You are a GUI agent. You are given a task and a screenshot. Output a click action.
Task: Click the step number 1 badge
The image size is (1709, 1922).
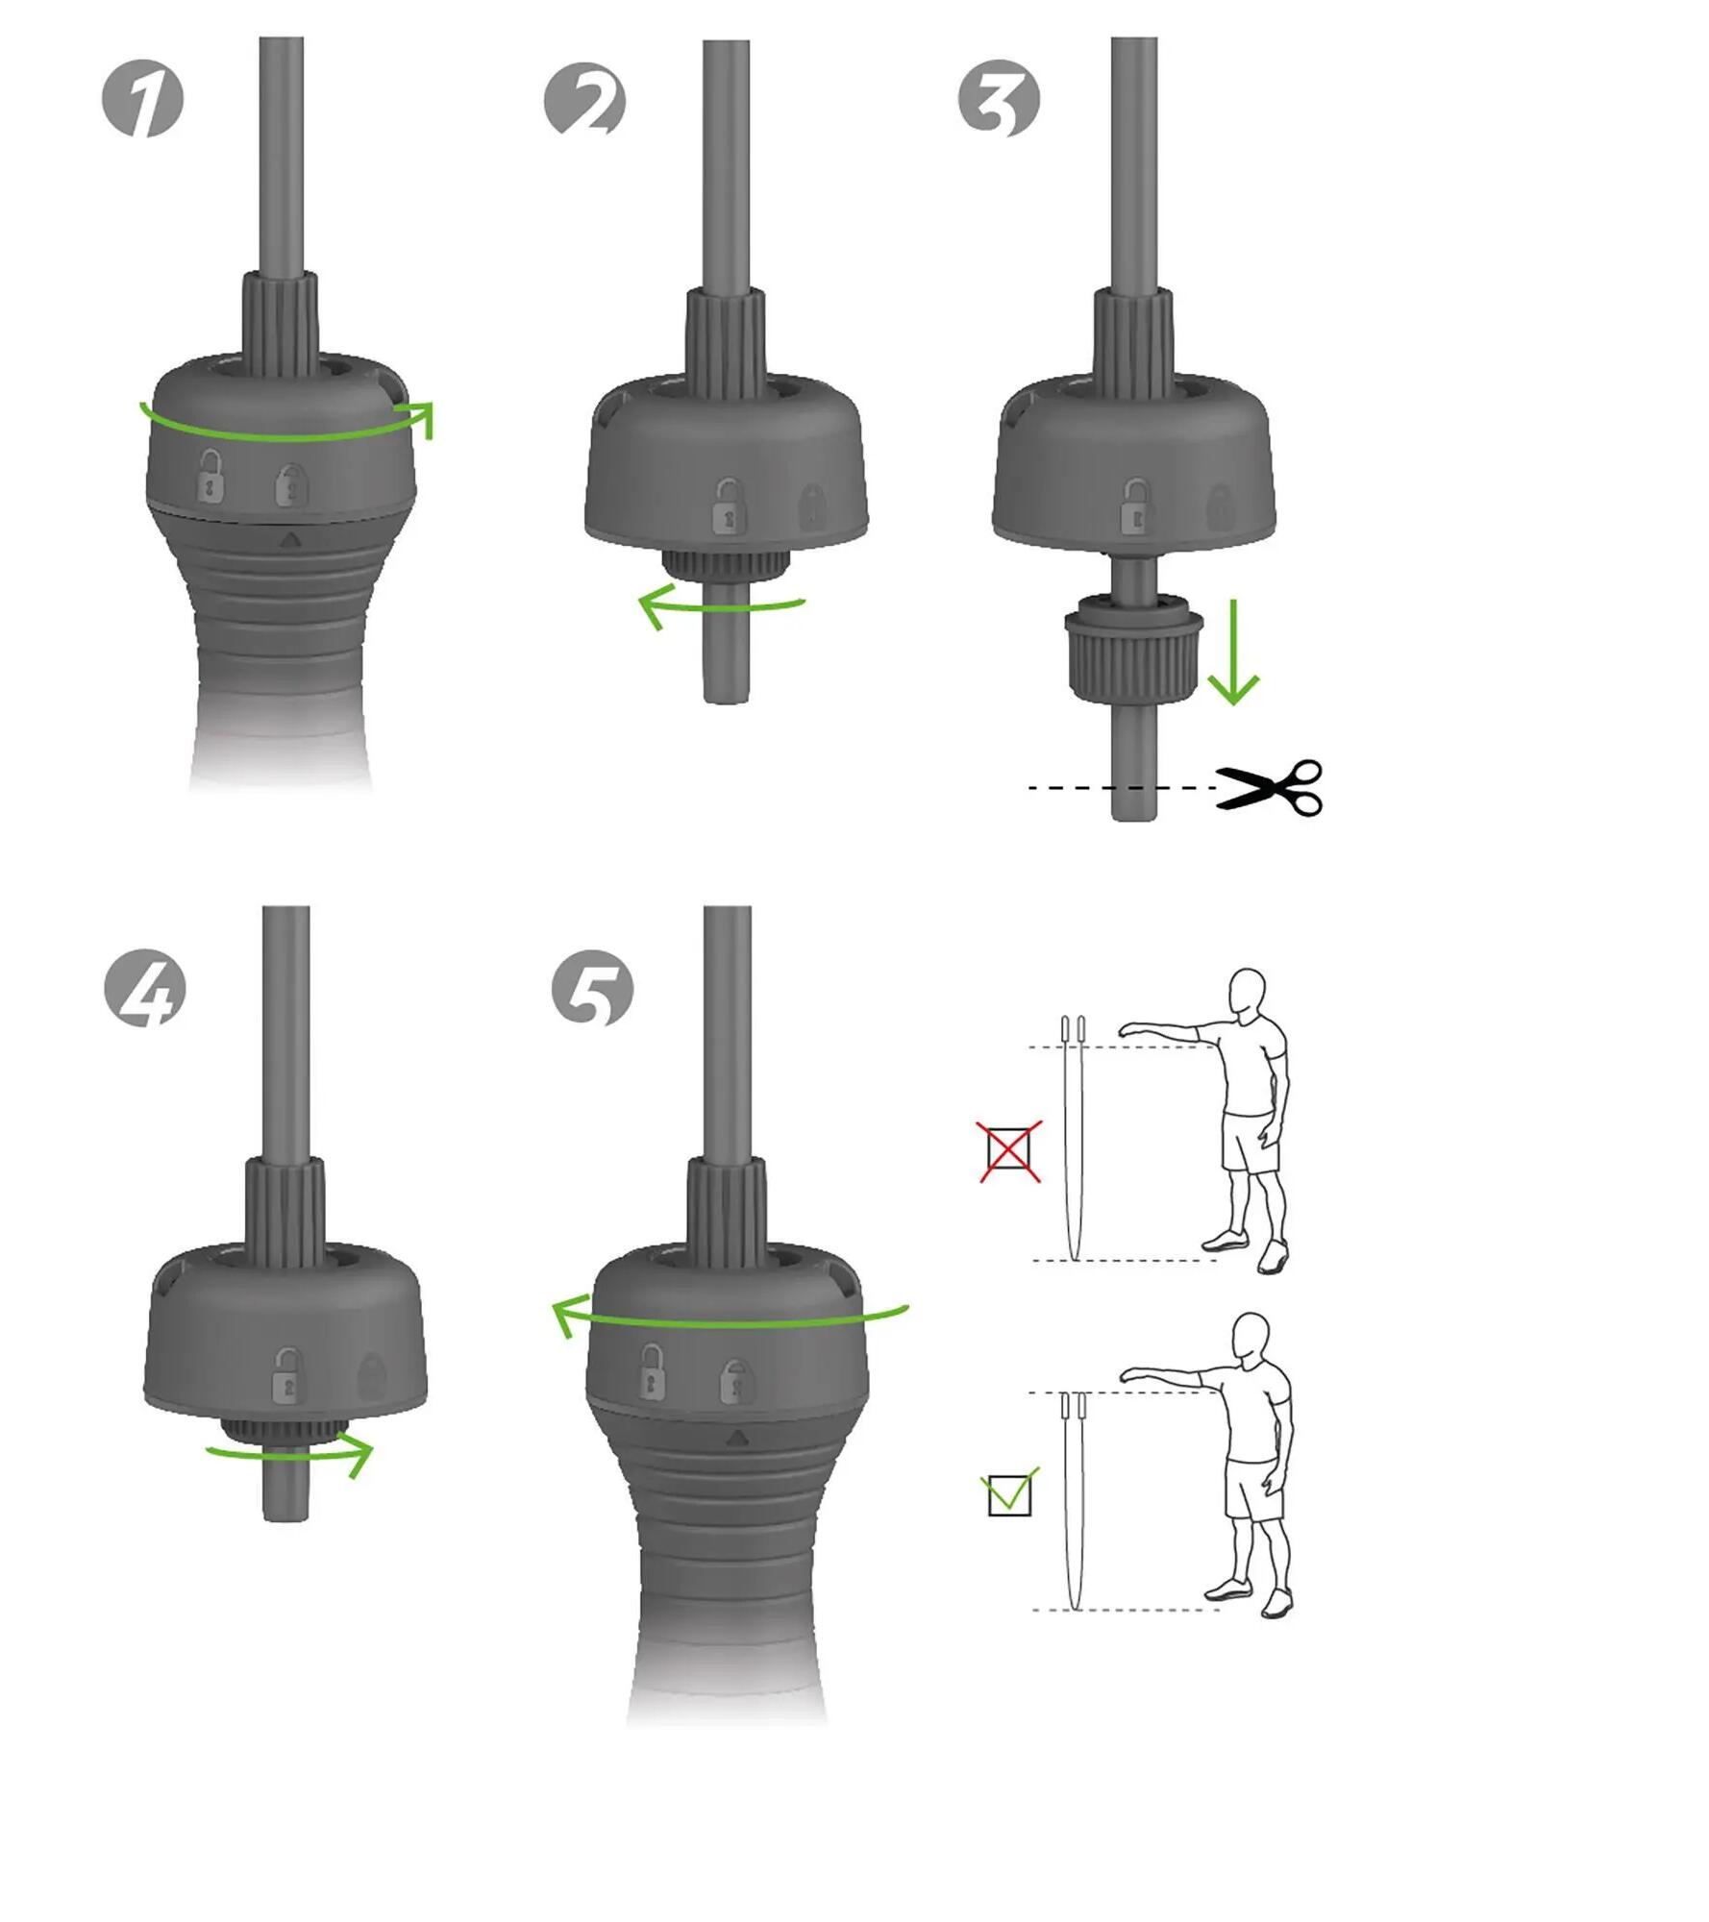[142, 99]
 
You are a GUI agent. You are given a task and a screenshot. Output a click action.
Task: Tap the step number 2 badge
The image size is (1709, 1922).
[584, 99]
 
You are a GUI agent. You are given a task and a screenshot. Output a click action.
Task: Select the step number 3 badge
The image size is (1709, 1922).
[999, 99]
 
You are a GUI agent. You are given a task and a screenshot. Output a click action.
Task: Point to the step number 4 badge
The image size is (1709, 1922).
[144, 989]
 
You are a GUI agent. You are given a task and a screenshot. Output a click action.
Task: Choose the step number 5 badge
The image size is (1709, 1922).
[592, 989]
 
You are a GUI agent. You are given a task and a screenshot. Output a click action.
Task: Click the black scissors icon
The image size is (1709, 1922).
[1270, 788]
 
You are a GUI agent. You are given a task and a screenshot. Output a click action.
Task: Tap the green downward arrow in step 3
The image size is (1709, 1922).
[1232, 653]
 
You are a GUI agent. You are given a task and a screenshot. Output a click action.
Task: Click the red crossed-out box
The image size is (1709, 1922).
[1009, 1151]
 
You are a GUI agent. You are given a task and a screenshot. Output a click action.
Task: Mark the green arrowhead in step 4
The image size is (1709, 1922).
[358, 1454]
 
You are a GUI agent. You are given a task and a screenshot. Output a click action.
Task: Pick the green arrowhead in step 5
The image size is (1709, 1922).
[567, 1316]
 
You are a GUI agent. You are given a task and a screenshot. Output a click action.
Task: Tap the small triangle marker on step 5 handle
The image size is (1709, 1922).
[736, 1439]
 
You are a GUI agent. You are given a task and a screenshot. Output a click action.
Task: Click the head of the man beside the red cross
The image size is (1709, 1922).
[1247, 990]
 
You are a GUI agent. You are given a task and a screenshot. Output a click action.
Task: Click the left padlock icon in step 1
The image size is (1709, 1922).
[210, 476]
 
